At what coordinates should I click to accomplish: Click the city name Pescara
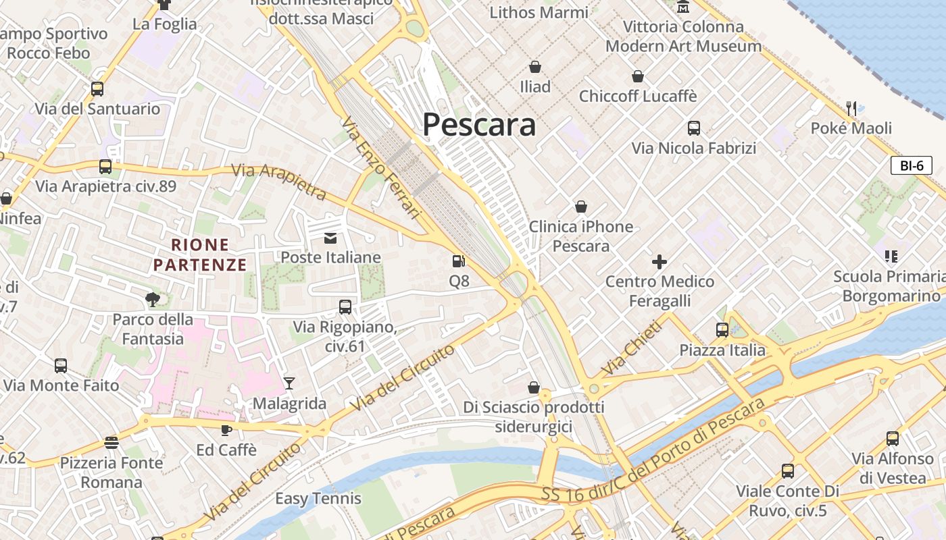click(x=479, y=125)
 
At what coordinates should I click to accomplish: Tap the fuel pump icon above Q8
click(x=459, y=261)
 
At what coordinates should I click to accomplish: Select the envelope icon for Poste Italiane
click(x=330, y=238)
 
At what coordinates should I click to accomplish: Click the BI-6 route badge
click(x=911, y=165)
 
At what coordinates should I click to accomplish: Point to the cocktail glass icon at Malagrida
click(x=289, y=383)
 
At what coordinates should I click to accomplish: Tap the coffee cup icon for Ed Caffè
click(x=226, y=429)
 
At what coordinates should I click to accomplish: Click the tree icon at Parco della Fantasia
click(x=152, y=298)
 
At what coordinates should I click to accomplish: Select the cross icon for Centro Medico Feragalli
click(x=659, y=261)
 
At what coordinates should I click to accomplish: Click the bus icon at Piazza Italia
click(x=722, y=330)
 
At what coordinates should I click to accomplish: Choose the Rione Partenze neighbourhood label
click(x=200, y=254)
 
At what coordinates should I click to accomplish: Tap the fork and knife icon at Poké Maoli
click(x=851, y=107)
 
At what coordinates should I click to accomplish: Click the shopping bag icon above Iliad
click(x=535, y=66)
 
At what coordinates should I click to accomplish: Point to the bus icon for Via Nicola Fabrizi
click(x=693, y=128)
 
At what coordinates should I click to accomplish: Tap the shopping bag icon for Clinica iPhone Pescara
click(x=580, y=207)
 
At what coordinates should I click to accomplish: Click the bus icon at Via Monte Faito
click(x=61, y=366)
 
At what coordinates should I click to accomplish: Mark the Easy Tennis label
click(x=318, y=499)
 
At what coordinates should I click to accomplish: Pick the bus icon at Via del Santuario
click(x=97, y=88)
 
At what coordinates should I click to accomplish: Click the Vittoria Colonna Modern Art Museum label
click(x=683, y=36)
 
